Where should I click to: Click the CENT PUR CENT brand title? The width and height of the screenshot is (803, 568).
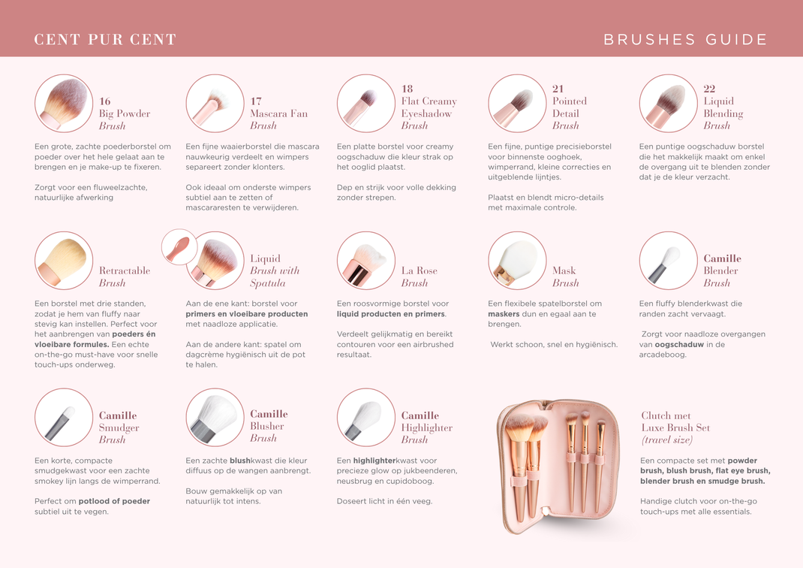point(105,40)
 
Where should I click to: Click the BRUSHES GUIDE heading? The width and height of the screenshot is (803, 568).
point(685,40)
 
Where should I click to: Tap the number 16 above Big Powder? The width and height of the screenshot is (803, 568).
point(105,101)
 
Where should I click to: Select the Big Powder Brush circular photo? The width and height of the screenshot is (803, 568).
point(64,104)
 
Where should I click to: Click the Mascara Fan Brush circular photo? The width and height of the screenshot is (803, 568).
point(215,104)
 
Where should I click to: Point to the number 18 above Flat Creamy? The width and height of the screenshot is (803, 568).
point(408,89)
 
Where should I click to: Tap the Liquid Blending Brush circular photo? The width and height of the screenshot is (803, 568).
point(668,104)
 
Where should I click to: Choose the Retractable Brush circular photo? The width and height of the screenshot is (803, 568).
point(64,261)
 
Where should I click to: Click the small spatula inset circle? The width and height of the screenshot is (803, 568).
point(179,247)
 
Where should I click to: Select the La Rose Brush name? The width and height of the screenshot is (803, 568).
point(419,276)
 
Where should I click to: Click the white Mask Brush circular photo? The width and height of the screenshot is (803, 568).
point(517,261)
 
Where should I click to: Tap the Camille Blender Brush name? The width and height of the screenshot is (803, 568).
point(721,270)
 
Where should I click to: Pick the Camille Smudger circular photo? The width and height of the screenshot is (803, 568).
point(64,417)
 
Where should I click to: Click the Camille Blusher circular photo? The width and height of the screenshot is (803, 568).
point(215,417)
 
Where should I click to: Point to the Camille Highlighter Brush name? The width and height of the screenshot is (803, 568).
point(426,428)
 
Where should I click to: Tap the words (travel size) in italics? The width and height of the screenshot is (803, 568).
point(667,440)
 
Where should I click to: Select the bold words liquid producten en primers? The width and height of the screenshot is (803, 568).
point(390,314)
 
